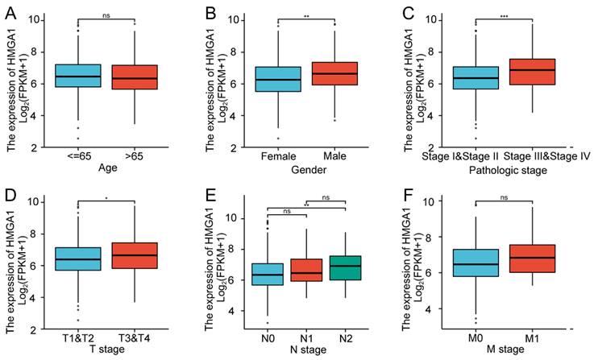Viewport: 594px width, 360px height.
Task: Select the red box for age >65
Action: pyautogui.click(x=134, y=76)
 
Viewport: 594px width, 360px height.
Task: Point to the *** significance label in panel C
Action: pyautogui.click(x=481, y=15)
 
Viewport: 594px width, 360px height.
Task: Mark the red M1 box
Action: pyautogui.click(x=527, y=270)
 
